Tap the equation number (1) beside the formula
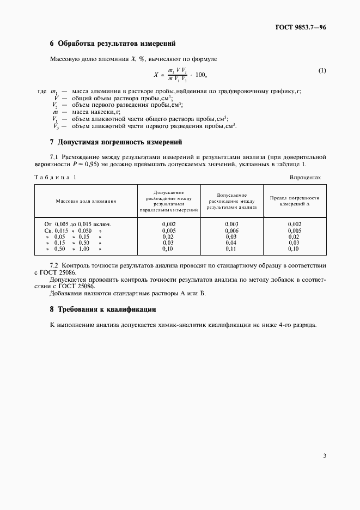322,71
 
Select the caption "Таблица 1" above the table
56,177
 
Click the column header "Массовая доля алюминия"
86,201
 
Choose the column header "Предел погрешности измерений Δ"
295,201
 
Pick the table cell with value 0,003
232,224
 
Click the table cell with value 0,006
232,230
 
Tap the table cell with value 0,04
232,242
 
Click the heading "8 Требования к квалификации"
103,309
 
